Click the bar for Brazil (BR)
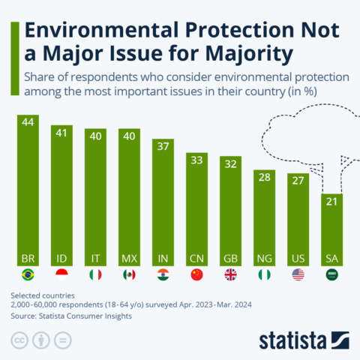tap(28, 187)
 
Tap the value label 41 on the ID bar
tap(61, 133)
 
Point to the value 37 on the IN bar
tap(163, 147)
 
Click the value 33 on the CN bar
tap(196, 160)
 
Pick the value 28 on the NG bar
tap(264, 178)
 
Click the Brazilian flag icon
tap(28, 274)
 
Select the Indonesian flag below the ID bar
tap(61, 274)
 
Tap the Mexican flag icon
tap(129, 274)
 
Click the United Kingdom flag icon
tap(231, 274)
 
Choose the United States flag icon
tap(298, 274)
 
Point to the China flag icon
tap(196, 274)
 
